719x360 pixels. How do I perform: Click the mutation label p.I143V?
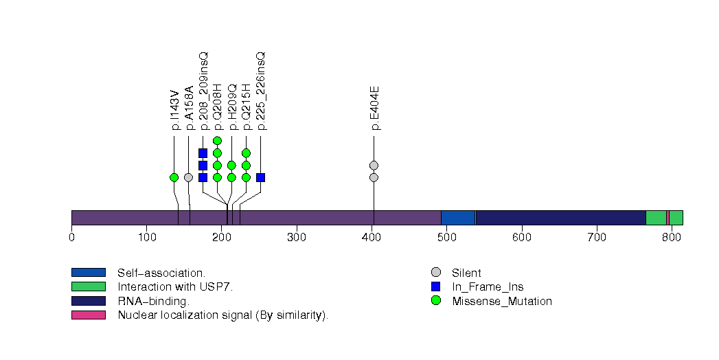[x=174, y=110]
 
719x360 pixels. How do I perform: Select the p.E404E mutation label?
[x=374, y=108]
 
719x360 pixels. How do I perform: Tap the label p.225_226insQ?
[x=261, y=91]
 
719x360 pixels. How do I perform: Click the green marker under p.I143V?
[x=174, y=177]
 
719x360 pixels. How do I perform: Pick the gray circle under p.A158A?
[x=188, y=177]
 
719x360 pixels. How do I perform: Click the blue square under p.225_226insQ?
[x=260, y=177]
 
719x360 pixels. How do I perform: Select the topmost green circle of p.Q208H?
[x=217, y=141]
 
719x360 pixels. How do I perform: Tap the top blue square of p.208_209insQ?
[x=203, y=153]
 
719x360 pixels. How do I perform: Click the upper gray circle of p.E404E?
[x=374, y=165]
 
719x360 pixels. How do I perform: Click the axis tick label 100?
[x=147, y=238]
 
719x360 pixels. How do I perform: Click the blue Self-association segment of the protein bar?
[x=458, y=218]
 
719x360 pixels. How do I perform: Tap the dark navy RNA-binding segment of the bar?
[x=560, y=218]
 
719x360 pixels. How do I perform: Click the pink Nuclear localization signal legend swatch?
[x=88, y=315]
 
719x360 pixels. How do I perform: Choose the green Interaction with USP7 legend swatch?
[x=88, y=286]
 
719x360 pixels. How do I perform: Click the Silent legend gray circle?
[x=435, y=273]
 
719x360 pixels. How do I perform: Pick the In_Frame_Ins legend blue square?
[x=435, y=286]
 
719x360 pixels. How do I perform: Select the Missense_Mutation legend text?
[x=502, y=301]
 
